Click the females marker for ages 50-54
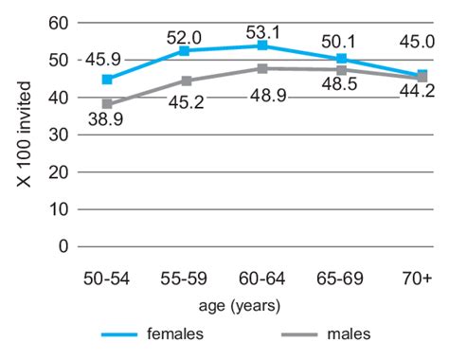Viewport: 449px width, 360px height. pyautogui.click(x=107, y=80)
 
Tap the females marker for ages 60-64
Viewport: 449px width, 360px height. pyautogui.click(x=262, y=45)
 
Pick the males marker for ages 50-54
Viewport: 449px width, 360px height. pyautogui.click(x=107, y=104)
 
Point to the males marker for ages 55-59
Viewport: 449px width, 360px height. pyautogui.click(x=187, y=81)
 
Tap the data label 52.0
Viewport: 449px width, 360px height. pyautogui.click(x=185, y=36)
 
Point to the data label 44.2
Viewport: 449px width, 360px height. pyautogui.click(x=414, y=92)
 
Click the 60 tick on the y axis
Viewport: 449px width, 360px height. pyautogui.click(x=60, y=23)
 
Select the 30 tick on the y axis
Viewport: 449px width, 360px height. pyautogui.click(x=60, y=135)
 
